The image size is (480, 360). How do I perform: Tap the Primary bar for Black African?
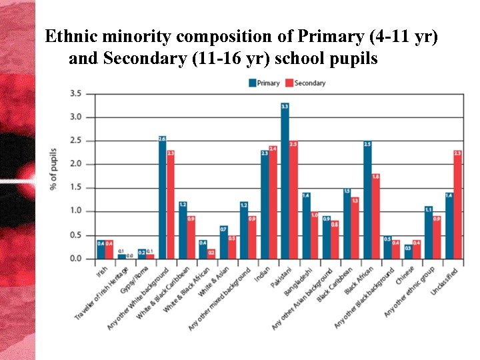point(367,199)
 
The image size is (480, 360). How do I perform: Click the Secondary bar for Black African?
point(375,216)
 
